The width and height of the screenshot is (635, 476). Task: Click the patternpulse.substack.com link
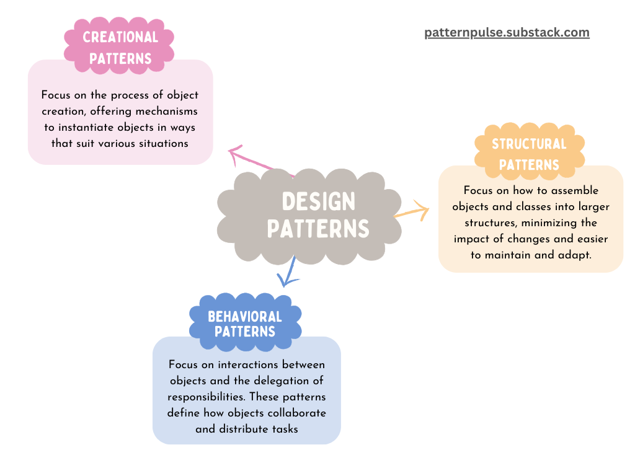click(x=507, y=33)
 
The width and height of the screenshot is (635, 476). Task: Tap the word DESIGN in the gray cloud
click(x=318, y=201)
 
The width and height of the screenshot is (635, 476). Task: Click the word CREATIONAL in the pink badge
click(x=120, y=37)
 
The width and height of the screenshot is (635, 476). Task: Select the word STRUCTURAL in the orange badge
click(x=529, y=144)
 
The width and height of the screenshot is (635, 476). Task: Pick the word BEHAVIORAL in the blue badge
click(x=245, y=317)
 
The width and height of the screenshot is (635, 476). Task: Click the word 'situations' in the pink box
click(x=163, y=143)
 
